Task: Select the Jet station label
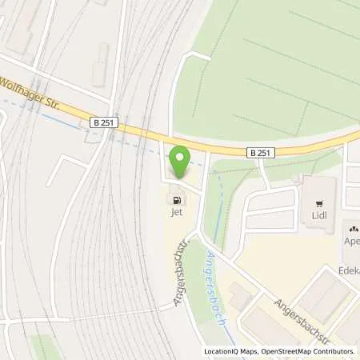point(175,214)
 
